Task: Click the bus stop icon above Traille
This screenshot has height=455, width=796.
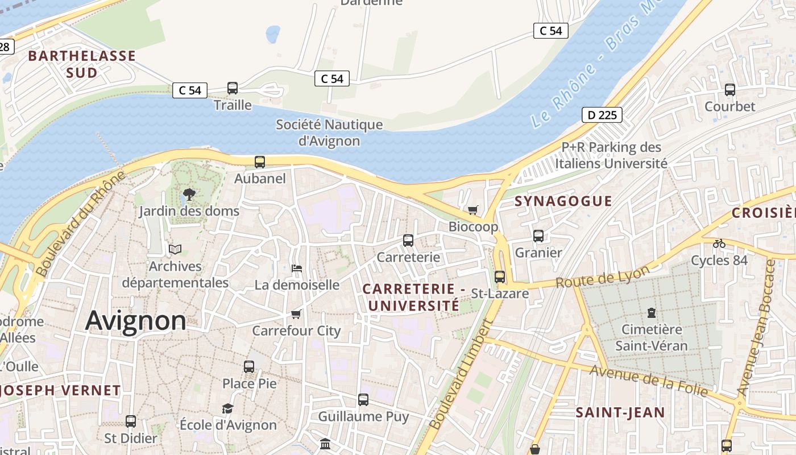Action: click(x=233, y=88)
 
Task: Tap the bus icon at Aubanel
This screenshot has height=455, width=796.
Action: click(x=260, y=162)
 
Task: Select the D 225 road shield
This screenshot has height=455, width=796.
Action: click(x=602, y=115)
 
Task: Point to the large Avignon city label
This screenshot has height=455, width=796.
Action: click(x=136, y=321)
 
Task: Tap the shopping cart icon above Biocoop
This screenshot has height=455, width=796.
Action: click(x=473, y=210)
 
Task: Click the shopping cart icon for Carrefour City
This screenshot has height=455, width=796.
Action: click(x=296, y=314)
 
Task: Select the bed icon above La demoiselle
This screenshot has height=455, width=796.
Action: click(x=296, y=268)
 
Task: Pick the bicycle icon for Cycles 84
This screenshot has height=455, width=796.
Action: click(x=719, y=243)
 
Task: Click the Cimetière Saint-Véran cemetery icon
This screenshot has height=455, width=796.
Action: click(x=651, y=313)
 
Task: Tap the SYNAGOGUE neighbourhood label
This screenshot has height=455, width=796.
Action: click(x=563, y=201)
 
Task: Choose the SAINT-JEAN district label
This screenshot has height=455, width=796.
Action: click(x=620, y=412)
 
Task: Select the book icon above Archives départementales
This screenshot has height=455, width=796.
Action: click(x=175, y=250)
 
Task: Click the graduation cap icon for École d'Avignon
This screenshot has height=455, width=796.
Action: click(x=227, y=408)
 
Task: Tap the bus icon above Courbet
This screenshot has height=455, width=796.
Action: click(x=730, y=90)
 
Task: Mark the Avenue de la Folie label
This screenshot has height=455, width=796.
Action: click(x=649, y=380)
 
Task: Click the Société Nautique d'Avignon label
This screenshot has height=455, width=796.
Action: click(x=329, y=133)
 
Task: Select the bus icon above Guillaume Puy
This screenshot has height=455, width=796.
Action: click(x=363, y=400)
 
